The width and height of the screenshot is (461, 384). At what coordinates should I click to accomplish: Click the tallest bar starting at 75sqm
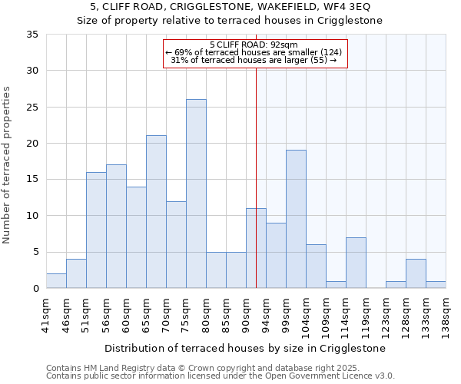[196, 194]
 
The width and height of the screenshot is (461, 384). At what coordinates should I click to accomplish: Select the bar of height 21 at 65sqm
[156, 212]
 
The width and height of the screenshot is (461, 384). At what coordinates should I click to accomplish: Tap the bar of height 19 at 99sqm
[296, 219]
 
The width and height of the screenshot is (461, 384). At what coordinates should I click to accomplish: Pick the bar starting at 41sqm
[56, 281]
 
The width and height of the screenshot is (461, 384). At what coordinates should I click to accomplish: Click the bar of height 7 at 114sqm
[356, 263]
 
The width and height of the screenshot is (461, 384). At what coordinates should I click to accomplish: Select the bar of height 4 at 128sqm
[416, 273]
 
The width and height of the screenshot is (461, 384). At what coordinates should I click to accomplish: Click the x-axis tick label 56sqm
[106, 313]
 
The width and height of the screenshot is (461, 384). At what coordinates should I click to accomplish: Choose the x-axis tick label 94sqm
[266, 313]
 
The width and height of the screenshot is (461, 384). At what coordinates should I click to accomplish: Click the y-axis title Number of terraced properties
[8, 165]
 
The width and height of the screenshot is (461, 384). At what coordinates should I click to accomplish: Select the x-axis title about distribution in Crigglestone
[244, 348]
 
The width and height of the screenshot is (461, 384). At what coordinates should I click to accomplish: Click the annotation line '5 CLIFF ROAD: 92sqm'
[254, 45]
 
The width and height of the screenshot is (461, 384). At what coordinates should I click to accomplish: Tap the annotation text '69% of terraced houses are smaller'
[253, 52]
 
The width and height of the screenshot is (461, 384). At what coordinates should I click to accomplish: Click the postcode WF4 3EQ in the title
[350, 7]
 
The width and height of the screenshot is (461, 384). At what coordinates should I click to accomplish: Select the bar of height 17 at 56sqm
[116, 227]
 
